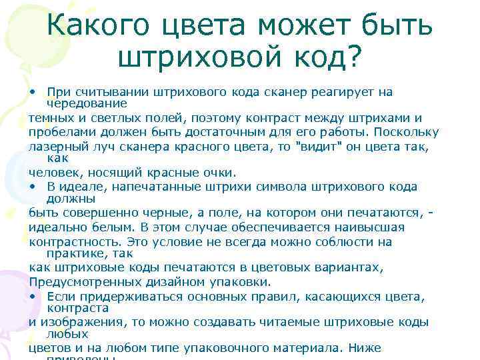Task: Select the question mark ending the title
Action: coord(351,58)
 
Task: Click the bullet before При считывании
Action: coord(33,91)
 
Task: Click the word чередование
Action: coord(87,103)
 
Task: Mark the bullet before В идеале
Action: coord(33,187)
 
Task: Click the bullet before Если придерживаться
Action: coord(33,295)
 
